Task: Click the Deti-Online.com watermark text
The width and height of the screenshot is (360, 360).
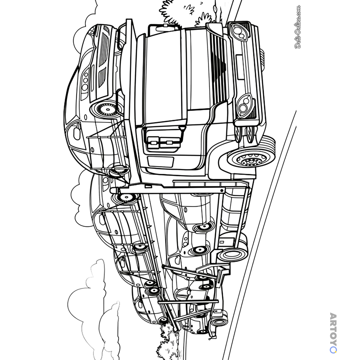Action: (x=298, y=27)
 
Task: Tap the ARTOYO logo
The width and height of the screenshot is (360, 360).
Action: (x=333, y=332)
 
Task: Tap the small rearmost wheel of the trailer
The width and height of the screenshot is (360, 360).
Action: (x=220, y=321)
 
